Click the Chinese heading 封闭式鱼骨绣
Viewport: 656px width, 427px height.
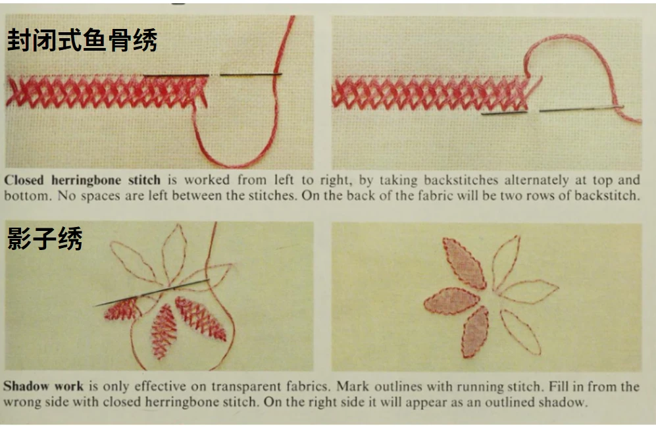pyautogui.click(x=82, y=40)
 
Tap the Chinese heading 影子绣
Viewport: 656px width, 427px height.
pyautogui.click(x=44, y=238)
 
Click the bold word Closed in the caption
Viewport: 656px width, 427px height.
pyautogui.click(x=24, y=180)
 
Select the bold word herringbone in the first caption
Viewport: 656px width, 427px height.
pyautogui.click(x=86, y=180)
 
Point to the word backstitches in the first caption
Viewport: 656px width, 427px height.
pyautogui.click(x=461, y=180)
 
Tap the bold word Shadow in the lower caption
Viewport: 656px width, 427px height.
pyautogui.click(x=24, y=386)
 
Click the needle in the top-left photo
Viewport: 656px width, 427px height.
pyautogui.click(x=213, y=75)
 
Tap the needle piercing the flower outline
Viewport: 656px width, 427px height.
pyautogui.click(x=152, y=292)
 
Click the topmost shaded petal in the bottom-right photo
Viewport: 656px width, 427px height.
pyautogui.click(x=464, y=263)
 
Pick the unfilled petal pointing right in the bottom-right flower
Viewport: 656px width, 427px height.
pyautogui.click(x=528, y=291)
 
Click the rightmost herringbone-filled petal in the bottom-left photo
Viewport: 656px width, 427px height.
pyautogui.click(x=200, y=318)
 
